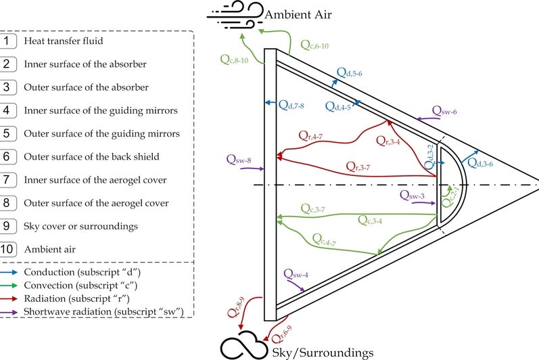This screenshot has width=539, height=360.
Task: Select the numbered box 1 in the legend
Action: pos(9,41)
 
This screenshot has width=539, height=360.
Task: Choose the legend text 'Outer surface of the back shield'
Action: pos(91,156)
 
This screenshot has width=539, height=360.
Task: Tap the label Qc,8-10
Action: pos(235,58)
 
